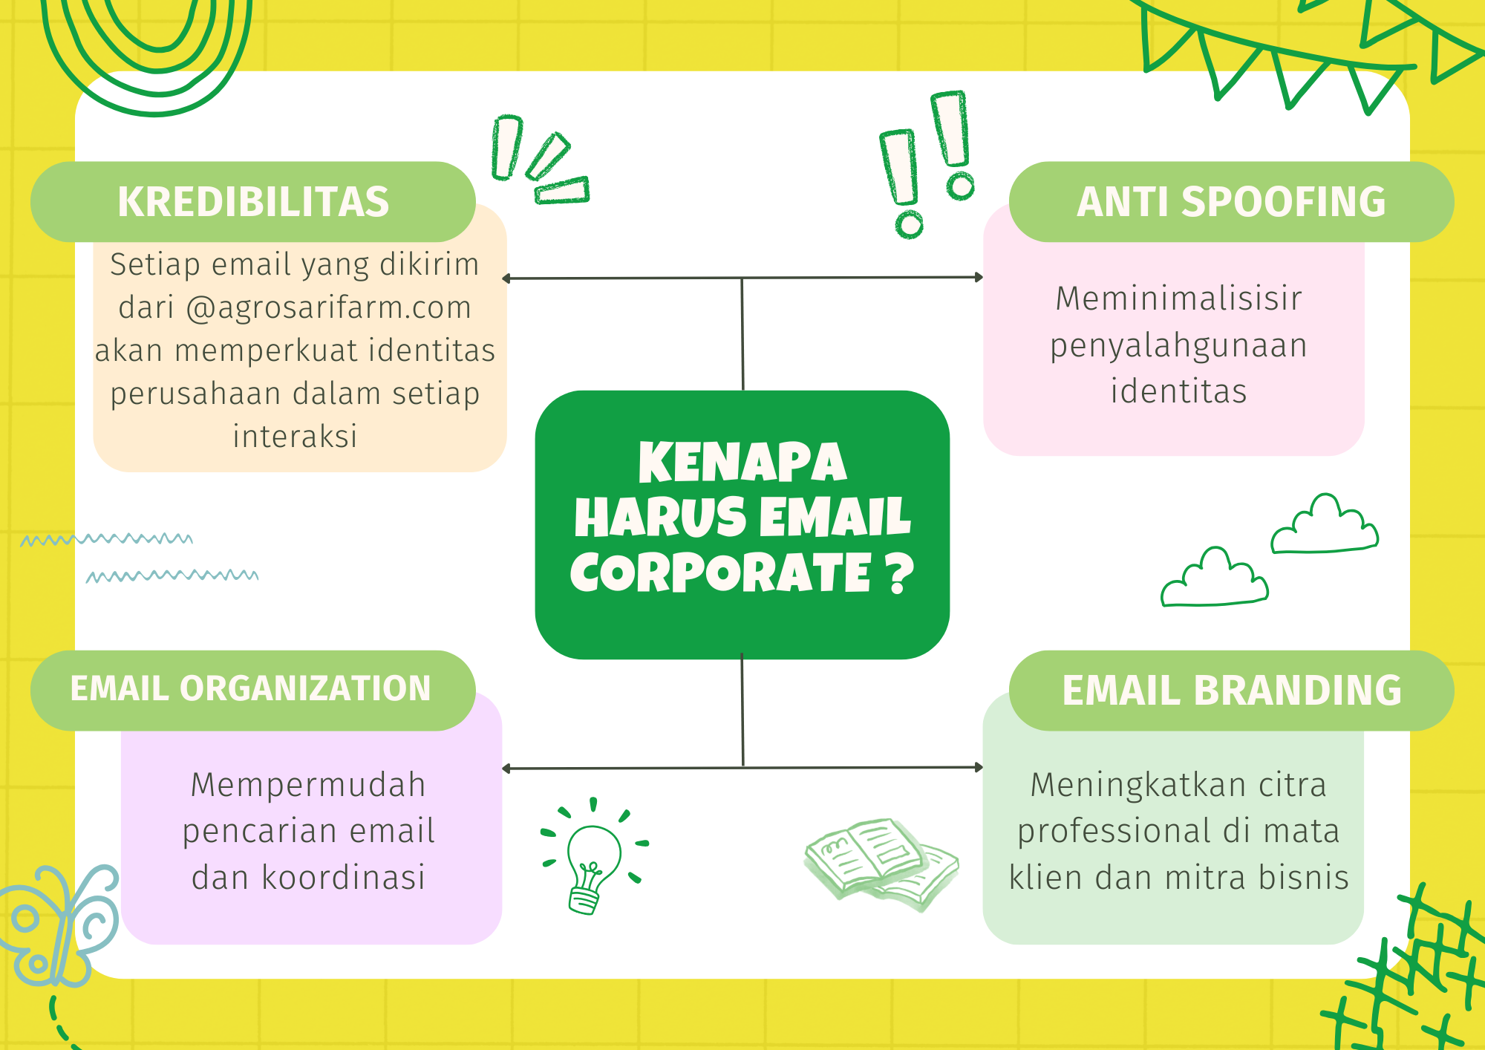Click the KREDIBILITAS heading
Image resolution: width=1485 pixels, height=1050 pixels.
(x=253, y=201)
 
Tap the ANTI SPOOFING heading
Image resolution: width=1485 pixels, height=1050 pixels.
(x=1231, y=201)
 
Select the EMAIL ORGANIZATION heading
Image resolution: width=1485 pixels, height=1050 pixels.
(x=251, y=688)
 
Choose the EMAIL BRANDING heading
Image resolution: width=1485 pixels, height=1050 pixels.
(x=1232, y=690)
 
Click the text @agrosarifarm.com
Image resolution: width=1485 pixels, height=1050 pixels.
(x=328, y=307)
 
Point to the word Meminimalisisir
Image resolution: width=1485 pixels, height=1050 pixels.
(x=1179, y=299)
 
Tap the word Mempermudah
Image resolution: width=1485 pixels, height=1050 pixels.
(x=308, y=786)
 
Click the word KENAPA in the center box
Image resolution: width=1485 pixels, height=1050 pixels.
(x=742, y=462)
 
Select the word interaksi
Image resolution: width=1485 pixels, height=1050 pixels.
(x=296, y=436)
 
